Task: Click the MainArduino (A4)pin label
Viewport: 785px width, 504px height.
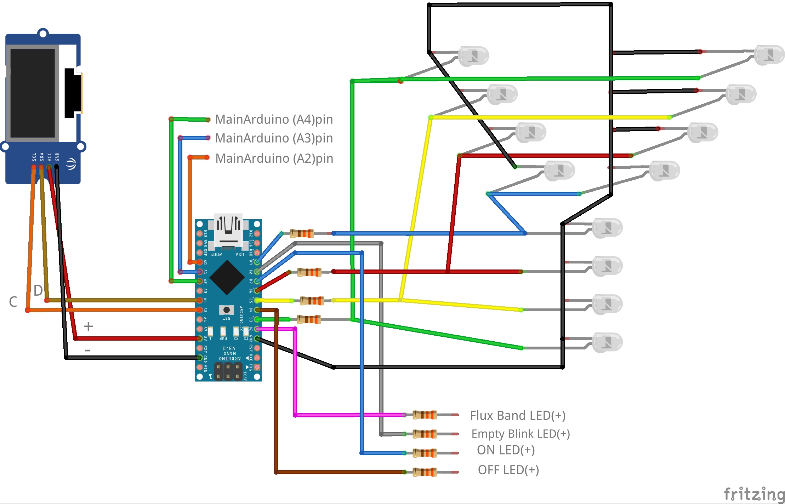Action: pos(274,120)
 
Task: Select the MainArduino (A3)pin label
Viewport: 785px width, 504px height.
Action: pos(274,138)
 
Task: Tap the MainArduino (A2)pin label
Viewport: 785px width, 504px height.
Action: pos(274,158)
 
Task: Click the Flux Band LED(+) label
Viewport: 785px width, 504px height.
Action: pos(517,416)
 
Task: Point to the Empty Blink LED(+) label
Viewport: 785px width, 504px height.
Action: pos(520,434)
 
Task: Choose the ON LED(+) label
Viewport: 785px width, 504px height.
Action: pos(505,450)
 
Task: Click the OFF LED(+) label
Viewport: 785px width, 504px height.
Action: pos(508,470)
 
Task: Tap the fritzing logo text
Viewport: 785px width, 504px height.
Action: pos(754,494)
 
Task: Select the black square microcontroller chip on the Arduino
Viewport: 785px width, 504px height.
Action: pos(227,278)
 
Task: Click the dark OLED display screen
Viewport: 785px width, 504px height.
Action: pos(33,93)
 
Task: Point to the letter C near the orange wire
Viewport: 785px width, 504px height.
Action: pos(13,302)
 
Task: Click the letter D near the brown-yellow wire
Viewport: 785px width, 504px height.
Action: pos(38,291)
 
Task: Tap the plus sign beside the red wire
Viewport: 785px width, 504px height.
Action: pos(88,326)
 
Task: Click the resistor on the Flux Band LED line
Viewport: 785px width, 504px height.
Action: pos(425,415)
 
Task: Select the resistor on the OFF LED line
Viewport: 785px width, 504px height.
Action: pos(425,472)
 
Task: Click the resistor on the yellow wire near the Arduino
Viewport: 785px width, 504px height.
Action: pos(312,301)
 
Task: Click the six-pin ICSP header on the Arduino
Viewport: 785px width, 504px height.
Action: pos(228,371)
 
